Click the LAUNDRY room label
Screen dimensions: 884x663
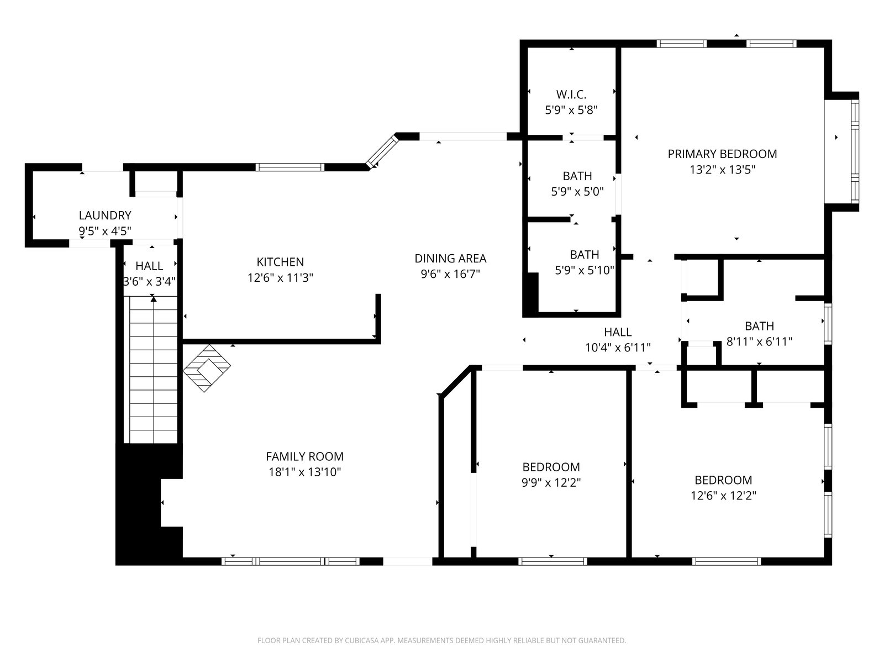tap(105, 215)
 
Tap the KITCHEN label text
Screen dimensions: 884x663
tap(280, 262)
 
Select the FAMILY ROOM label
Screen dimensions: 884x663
tap(304, 456)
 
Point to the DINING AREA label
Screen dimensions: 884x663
tap(450, 259)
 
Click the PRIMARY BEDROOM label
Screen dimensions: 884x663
tap(722, 154)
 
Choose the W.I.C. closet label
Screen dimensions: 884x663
tap(571, 94)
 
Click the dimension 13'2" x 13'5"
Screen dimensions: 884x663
tap(722, 170)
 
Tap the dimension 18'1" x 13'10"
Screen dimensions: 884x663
tap(305, 472)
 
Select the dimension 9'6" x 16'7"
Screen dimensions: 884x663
tap(450, 274)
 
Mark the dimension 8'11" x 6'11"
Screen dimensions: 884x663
tap(759, 342)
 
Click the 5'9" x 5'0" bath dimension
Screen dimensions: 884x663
tap(577, 192)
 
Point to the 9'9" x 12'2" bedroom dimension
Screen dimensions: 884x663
tap(551, 482)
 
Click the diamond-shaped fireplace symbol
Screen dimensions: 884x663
tap(207, 368)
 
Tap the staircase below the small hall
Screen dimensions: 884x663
tap(153, 370)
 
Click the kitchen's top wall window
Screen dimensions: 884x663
tap(290, 167)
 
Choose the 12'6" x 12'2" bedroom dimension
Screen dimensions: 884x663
tap(723, 496)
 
